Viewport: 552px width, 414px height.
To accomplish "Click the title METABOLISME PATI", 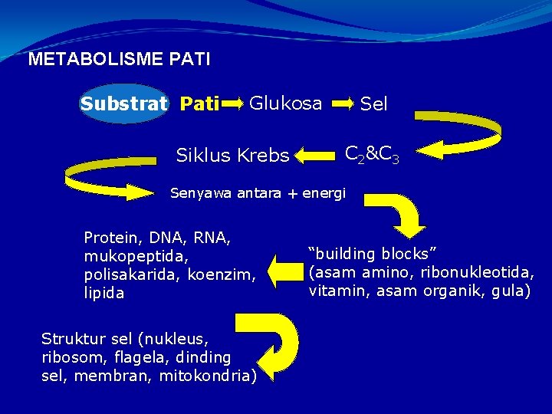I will click(x=119, y=59).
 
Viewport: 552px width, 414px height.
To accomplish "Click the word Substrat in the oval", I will click(x=123, y=103).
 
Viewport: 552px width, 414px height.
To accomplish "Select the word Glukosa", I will click(x=286, y=103).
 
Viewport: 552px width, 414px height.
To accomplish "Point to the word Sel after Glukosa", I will click(x=374, y=103).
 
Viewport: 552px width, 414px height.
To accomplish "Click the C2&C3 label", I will click(x=371, y=155).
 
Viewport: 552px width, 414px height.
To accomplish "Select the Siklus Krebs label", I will click(x=233, y=156).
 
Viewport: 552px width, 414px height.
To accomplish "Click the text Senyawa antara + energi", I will click(x=258, y=192).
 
